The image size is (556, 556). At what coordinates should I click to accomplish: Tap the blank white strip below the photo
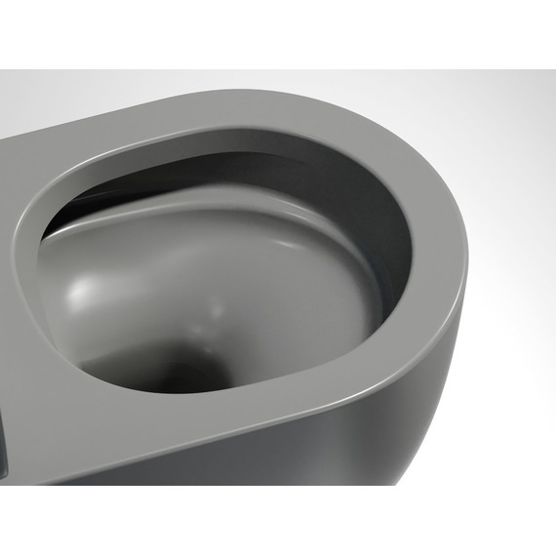coord(278,522)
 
